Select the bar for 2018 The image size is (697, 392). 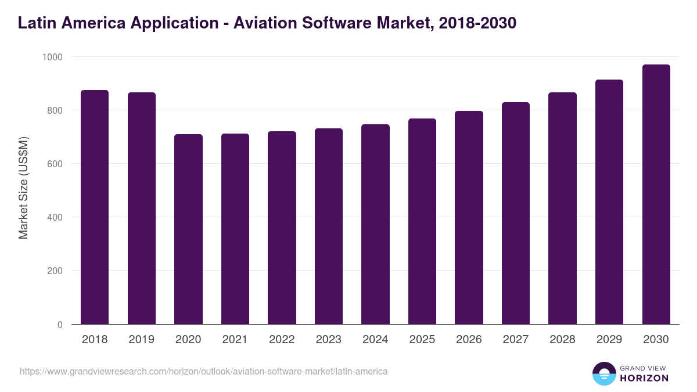pyautogui.click(x=95, y=207)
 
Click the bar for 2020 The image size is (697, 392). pyautogui.click(x=188, y=229)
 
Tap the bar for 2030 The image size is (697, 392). pyautogui.click(x=656, y=195)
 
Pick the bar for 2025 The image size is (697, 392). pyautogui.click(x=422, y=221)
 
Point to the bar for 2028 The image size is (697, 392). pyautogui.click(x=562, y=208)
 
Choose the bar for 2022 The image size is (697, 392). pyautogui.click(x=282, y=228)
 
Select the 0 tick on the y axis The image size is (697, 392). pyautogui.click(x=60, y=325)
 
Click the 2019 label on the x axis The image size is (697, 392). pyautogui.click(x=142, y=340)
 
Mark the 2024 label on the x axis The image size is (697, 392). pyautogui.click(x=375, y=340)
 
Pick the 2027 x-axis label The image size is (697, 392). pyautogui.click(x=516, y=340)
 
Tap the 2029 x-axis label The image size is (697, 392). pyautogui.click(x=609, y=340)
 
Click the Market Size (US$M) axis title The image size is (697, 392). pyautogui.click(x=23, y=188)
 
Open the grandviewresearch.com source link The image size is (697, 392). pyautogui.click(x=203, y=371)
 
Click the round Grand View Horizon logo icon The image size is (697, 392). pyautogui.click(x=603, y=373)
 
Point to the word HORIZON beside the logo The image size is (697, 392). pyautogui.click(x=644, y=378)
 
